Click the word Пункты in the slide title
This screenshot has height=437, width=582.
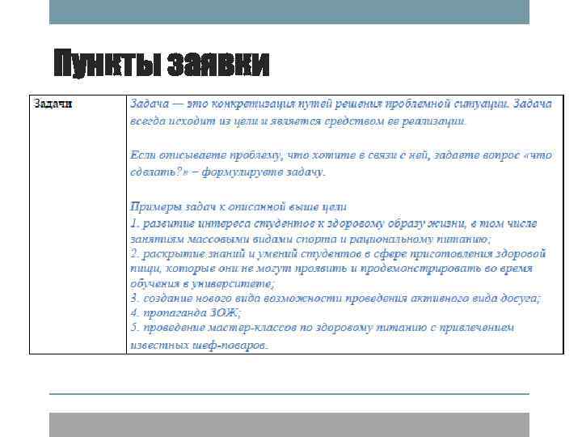pos(104,65)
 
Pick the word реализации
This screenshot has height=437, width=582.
pos(434,121)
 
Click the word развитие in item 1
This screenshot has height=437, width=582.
pos(167,223)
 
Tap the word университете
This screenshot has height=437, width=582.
pos(232,283)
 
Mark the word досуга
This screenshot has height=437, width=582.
pos(521,298)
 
